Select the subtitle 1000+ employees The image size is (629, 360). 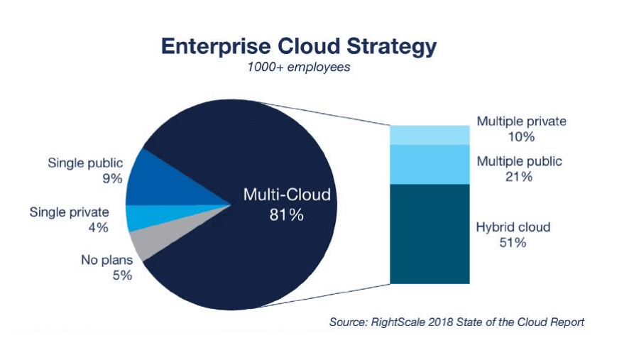(x=299, y=68)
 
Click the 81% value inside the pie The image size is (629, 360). (x=287, y=214)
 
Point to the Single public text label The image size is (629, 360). (x=86, y=163)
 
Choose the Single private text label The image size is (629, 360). (x=69, y=212)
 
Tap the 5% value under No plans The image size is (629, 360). (x=122, y=276)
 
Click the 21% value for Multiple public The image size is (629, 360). (x=518, y=177)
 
